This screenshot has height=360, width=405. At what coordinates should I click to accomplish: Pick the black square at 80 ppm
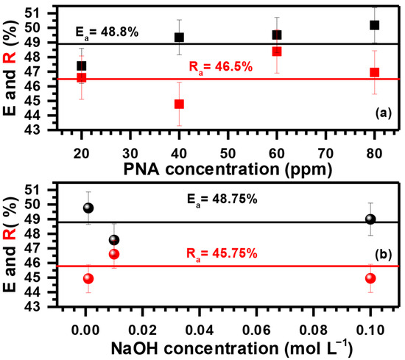[374, 25]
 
